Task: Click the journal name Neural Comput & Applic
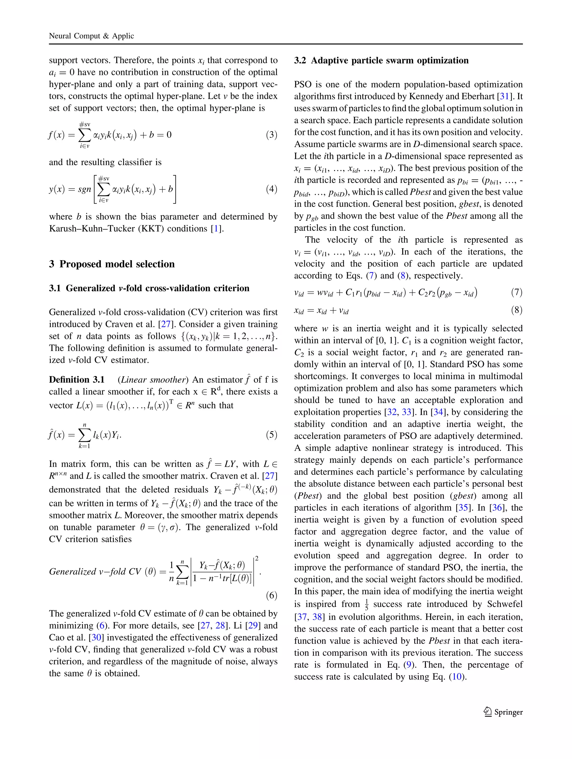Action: coord(91,36)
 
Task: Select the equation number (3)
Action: coord(271,135)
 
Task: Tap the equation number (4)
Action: coord(271,189)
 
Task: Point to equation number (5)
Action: coord(271,435)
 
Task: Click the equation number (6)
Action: coord(271,595)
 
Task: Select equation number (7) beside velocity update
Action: coord(517,292)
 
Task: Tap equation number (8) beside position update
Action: coord(517,310)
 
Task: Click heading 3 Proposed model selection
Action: coord(112,264)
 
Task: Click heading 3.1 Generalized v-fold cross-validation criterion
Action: coord(149,288)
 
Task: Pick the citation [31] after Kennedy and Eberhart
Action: coord(504,97)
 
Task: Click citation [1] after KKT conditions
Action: coord(216,228)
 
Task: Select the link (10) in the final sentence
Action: coord(457,677)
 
